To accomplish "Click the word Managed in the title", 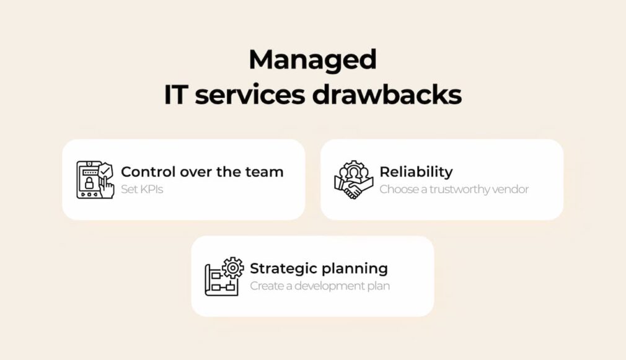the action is click(x=312, y=61).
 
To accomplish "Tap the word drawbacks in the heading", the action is click(x=387, y=95).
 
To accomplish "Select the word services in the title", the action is click(x=250, y=96).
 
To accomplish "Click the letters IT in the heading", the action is click(x=176, y=95).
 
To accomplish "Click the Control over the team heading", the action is click(x=202, y=172).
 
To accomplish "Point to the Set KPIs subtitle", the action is click(x=142, y=189).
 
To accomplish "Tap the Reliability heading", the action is click(x=416, y=172).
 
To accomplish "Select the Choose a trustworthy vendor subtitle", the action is click(x=454, y=189).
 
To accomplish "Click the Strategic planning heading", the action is click(x=319, y=268).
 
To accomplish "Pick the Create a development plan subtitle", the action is click(x=320, y=286).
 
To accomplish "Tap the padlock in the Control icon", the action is click(x=89, y=183).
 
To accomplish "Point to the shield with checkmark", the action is click(x=105, y=170).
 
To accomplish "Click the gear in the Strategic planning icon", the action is click(x=233, y=268).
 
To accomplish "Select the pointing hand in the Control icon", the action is click(x=107, y=187).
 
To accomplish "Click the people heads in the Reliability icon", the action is click(x=354, y=172).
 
